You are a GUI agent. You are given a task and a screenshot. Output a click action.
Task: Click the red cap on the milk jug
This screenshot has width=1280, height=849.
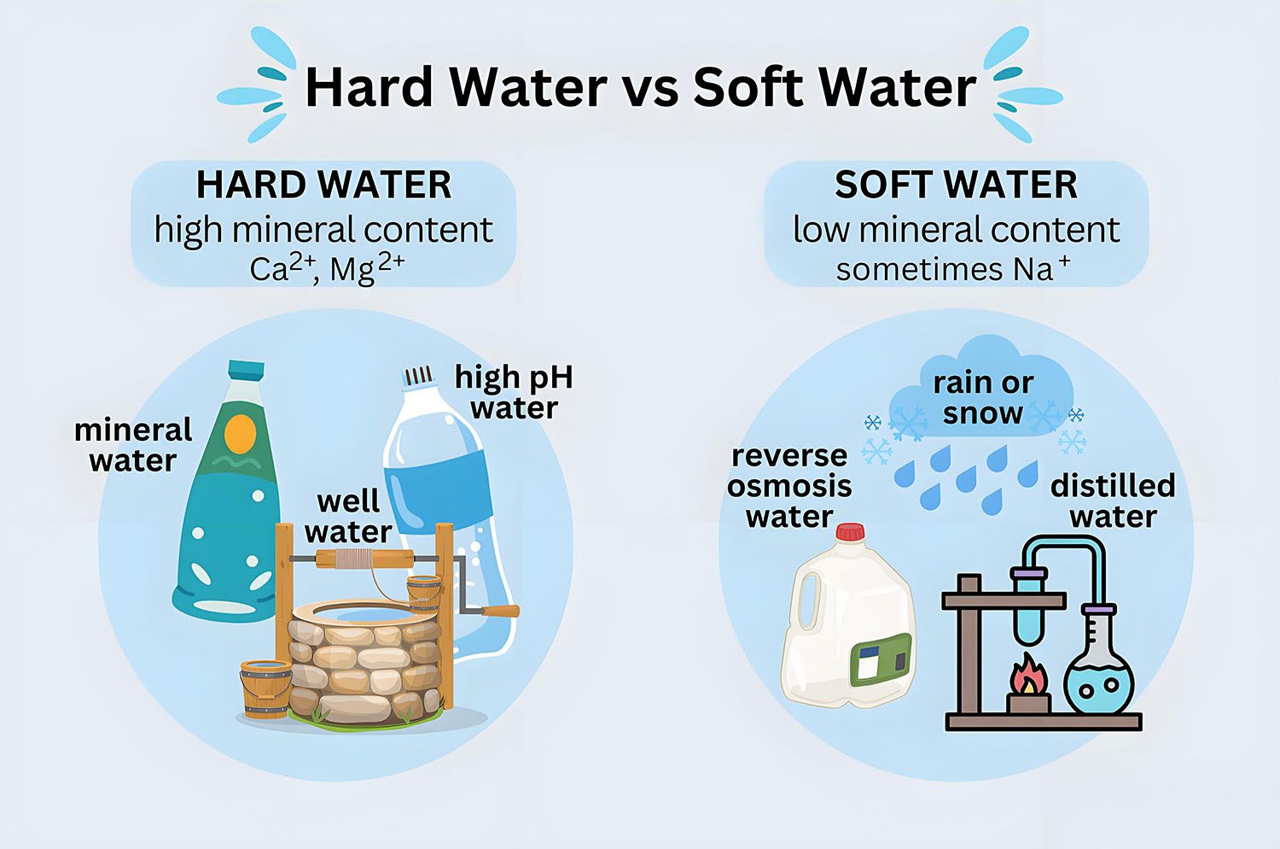point(849,533)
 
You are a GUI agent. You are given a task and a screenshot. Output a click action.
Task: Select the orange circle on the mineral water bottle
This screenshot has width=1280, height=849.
point(240,435)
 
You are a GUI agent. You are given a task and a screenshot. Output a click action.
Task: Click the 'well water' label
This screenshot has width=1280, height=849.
point(348,516)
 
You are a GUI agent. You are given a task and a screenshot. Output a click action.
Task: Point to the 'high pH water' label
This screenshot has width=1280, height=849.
point(514,392)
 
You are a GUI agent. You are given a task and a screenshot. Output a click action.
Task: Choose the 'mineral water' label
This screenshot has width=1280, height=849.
point(133,445)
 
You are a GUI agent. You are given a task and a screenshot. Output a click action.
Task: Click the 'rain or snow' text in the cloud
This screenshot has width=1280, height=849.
point(983,397)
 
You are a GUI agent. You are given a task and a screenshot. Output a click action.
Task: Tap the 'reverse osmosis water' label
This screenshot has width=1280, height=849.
point(789,486)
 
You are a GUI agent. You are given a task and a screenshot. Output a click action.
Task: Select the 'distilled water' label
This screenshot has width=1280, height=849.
point(1113,501)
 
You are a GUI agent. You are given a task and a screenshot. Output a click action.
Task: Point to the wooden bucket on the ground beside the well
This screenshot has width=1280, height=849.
point(265,688)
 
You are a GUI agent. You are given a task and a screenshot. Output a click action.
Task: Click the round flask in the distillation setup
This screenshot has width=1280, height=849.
point(1099,679)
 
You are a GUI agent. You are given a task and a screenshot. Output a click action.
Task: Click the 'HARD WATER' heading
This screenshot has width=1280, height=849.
point(323,184)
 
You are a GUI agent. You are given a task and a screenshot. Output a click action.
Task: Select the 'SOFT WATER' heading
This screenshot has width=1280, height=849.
point(956,184)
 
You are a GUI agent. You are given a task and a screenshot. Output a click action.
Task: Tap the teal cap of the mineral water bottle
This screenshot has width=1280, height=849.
point(246,369)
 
